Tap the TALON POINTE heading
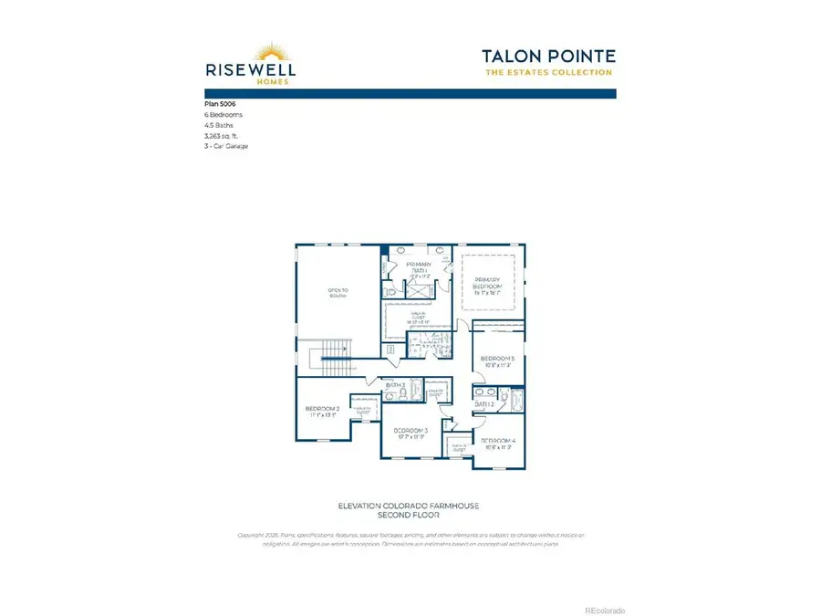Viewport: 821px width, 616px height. pyautogui.click(x=547, y=56)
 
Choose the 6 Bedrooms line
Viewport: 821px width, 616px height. pyautogui.click(x=223, y=115)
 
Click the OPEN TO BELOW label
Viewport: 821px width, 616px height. pyautogui.click(x=338, y=294)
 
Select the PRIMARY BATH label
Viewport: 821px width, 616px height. pyautogui.click(x=419, y=267)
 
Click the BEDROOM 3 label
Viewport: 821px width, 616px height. pyautogui.click(x=410, y=432)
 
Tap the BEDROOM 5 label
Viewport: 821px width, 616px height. pyautogui.click(x=498, y=360)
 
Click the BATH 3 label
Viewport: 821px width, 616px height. pyautogui.click(x=395, y=386)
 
